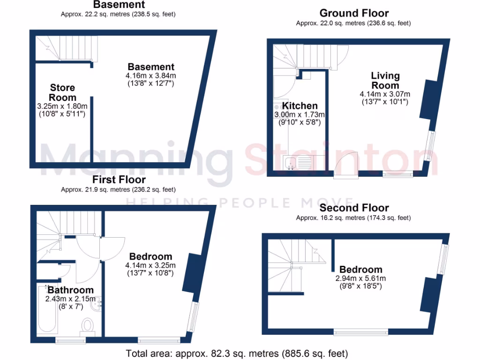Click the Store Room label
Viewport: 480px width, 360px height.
[62, 92]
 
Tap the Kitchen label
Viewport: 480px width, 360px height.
[300, 106]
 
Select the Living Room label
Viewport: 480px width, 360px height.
[385, 80]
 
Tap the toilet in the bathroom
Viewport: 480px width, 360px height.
[87, 324]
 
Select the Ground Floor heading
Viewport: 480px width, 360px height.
[354, 13]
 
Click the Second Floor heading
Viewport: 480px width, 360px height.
[354, 208]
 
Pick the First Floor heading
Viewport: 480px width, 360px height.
[119, 180]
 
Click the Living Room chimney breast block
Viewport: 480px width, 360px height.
[428, 99]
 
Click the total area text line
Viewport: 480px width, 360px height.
[237, 353]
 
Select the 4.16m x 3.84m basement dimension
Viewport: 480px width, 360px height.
[150, 76]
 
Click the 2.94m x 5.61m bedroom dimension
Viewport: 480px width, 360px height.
[360, 278]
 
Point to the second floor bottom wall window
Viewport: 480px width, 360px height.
[360, 333]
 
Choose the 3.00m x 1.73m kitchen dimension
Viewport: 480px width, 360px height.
[300, 115]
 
